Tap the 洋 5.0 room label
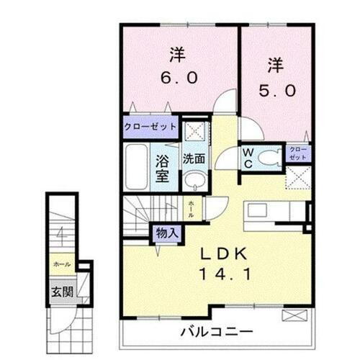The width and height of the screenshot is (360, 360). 274,78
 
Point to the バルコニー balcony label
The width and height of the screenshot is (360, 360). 216,333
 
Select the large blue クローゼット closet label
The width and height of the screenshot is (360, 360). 150,126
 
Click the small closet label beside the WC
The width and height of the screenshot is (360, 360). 297,153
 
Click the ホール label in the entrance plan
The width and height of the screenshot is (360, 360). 61,264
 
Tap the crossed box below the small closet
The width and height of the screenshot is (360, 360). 297,176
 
